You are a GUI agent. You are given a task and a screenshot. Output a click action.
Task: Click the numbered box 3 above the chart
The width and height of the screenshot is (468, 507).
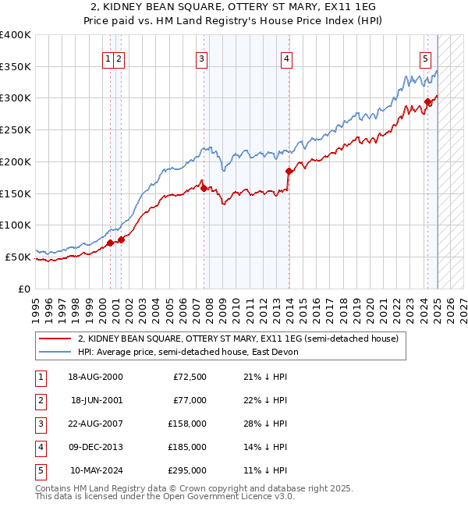tap(201, 58)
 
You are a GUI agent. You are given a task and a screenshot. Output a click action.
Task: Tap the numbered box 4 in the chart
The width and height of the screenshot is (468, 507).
tap(287, 58)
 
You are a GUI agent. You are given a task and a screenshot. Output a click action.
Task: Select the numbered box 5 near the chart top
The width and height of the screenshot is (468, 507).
tap(425, 58)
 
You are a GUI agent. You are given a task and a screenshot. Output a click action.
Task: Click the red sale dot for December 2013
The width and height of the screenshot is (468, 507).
tap(289, 171)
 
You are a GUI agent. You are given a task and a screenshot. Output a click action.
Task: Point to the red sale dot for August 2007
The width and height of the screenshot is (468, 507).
tap(204, 188)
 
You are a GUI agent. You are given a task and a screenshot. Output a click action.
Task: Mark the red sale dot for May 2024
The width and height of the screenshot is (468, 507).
tap(428, 101)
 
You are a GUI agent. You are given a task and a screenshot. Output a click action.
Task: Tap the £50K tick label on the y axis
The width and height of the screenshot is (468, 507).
tap(19, 257)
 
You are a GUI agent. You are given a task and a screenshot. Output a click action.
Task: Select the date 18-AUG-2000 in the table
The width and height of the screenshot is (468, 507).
tap(95, 377)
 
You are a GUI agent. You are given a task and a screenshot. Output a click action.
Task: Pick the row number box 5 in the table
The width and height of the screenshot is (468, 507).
tap(39, 470)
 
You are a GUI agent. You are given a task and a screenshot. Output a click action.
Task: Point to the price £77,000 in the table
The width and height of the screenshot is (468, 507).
tap(189, 400)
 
